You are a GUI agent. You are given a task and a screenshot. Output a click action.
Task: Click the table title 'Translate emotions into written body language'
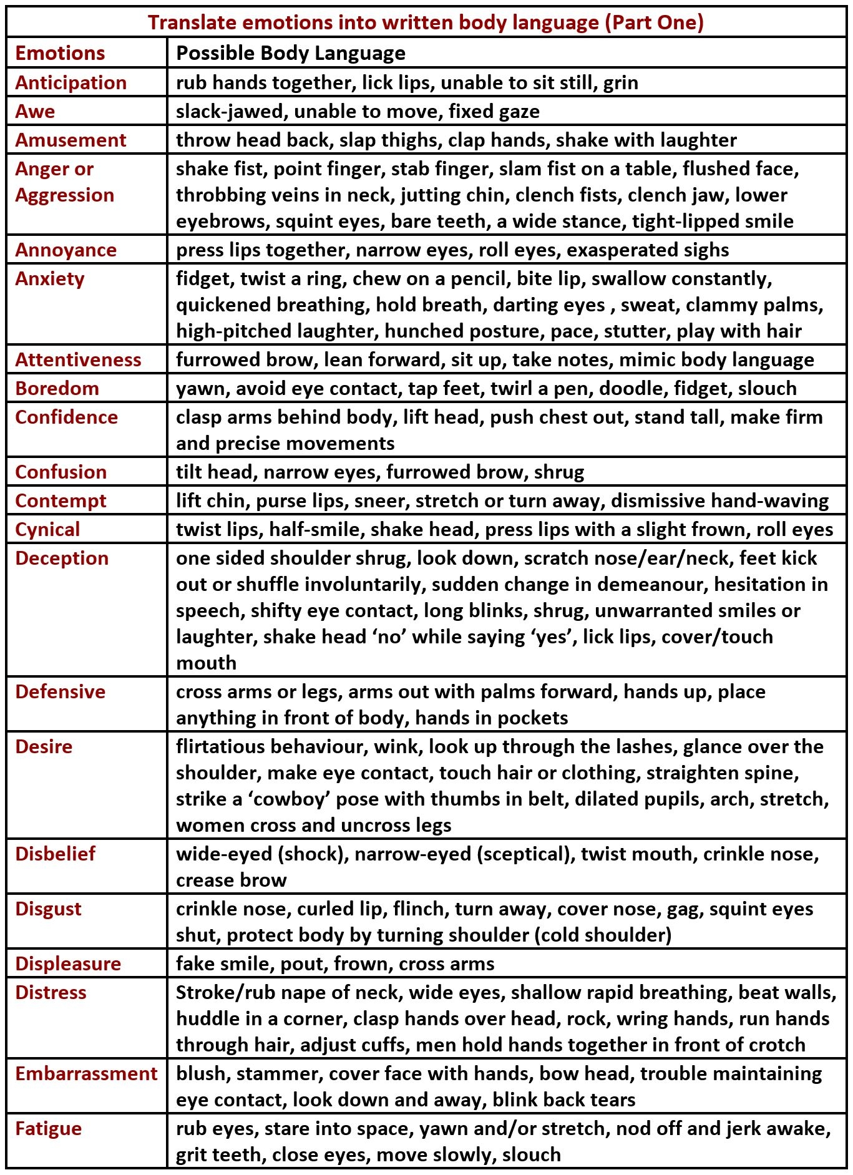tap(426, 22)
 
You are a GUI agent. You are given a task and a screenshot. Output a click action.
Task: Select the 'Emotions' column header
tap(60, 53)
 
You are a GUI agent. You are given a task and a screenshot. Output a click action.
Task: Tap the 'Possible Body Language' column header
tap(291, 53)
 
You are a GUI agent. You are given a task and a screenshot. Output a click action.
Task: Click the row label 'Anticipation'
tap(71, 82)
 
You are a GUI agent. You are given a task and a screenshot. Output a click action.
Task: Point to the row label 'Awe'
tap(35, 111)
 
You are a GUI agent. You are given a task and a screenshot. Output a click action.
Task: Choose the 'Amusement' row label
tap(71, 140)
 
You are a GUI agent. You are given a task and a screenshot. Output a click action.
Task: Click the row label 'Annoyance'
tap(66, 250)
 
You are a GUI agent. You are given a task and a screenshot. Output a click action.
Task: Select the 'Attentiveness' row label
tap(78, 359)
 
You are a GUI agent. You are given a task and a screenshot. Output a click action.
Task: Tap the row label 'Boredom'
tap(57, 388)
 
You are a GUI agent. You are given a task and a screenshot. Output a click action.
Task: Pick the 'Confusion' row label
tap(61, 472)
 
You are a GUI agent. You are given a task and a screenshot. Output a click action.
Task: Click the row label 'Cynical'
tap(47, 529)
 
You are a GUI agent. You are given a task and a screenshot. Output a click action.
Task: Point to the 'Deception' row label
tap(62, 558)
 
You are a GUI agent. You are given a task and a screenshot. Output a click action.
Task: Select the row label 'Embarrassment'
tap(86, 1073)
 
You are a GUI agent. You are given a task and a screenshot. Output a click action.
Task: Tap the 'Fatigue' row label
tap(48, 1128)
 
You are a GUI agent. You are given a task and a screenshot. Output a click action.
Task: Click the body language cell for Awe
tap(358, 111)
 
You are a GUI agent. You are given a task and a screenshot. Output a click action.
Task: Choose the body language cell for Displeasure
tap(335, 963)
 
